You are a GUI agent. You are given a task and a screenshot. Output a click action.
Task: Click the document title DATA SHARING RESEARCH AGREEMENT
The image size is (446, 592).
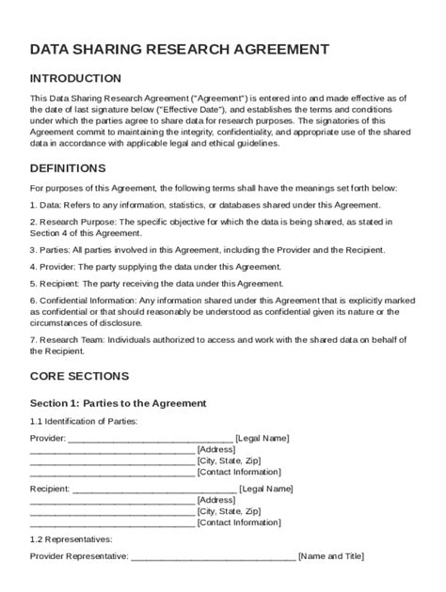(x=180, y=49)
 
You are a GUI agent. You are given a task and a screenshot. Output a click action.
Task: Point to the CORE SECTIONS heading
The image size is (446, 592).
(x=79, y=376)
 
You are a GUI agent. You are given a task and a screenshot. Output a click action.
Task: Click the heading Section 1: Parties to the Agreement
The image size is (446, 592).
(x=118, y=403)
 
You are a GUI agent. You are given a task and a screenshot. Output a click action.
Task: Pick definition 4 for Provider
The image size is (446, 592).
(x=155, y=267)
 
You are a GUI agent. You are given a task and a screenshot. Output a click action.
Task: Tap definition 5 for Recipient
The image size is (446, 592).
(x=151, y=283)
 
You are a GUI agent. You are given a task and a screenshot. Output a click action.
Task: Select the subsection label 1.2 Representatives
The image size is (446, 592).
(x=71, y=539)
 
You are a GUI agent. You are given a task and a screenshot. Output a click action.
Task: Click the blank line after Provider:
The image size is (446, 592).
(x=151, y=439)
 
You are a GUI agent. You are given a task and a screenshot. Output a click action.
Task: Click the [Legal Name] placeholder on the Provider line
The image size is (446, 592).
(x=263, y=438)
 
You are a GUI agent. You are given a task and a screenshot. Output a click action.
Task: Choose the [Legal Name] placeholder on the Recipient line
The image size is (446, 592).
(x=266, y=489)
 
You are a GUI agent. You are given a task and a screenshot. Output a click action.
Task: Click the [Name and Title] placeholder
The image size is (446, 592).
(x=330, y=556)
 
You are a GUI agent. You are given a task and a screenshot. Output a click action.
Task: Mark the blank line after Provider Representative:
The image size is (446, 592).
(x=213, y=557)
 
